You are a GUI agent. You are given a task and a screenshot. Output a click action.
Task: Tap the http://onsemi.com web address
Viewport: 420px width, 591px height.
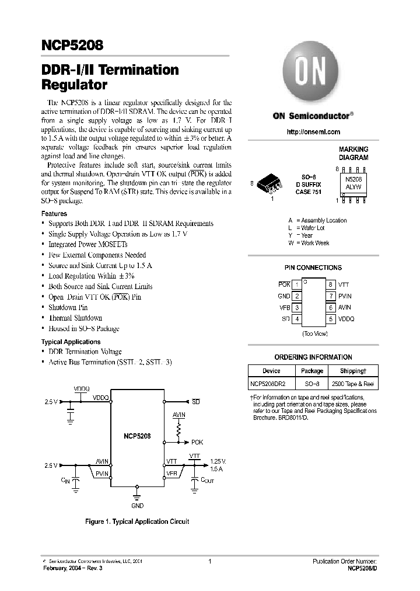313,132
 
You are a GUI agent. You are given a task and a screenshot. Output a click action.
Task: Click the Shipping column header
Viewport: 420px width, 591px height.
352,371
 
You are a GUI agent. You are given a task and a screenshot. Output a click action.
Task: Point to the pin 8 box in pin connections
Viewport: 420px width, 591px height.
330,284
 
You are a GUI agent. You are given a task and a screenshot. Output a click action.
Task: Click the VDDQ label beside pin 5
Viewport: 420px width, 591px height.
346,319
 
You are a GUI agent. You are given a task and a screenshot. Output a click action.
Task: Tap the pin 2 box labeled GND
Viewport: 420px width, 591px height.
297,296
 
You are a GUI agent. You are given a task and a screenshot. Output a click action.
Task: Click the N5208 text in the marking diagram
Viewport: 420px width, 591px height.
353,181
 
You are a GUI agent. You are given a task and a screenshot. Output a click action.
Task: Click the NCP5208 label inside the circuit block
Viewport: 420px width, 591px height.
137,436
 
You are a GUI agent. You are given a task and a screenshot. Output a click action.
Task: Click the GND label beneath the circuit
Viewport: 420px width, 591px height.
137,505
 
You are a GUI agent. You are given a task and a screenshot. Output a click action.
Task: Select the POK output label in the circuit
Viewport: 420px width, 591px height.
197,442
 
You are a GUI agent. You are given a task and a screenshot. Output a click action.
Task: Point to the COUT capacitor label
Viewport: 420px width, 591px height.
207,480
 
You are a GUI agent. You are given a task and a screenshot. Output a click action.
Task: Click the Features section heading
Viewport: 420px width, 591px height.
54,214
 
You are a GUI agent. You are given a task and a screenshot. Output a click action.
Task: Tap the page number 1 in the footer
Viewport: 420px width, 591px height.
209,561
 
